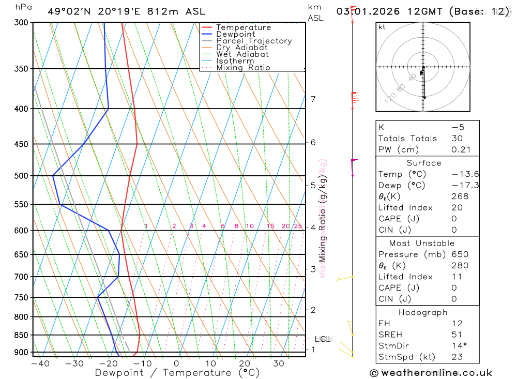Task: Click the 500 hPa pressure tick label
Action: (x=21, y=176)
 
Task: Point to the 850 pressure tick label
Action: (x=21, y=335)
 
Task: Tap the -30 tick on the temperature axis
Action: (x=74, y=363)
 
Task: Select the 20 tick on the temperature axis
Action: (x=245, y=363)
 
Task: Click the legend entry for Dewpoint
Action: (x=235, y=34)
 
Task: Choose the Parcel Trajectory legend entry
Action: (x=253, y=41)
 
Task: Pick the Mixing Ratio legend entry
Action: (x=243, y=68)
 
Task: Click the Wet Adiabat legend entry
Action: (x=242, y=54)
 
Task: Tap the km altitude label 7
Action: (x=313, y=99)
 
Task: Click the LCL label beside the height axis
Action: (x=323, y=339)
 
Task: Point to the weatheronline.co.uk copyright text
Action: (x=431, y=373)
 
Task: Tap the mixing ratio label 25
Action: (x=298, y=226)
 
